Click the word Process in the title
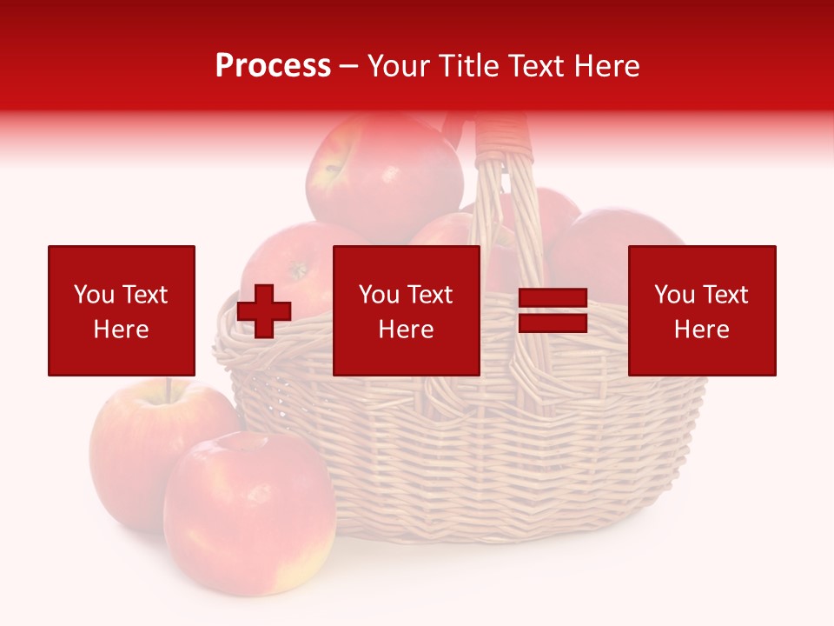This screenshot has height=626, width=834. click(273, 66)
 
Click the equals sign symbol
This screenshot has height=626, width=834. click(553, 311)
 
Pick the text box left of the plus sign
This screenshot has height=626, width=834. click(121, 310)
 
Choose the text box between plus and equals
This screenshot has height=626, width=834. click(406, 310)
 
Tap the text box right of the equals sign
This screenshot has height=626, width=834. click(701, 310)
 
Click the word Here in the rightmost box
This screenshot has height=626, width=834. click(701, 329)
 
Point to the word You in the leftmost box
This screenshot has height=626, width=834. click(94, 295)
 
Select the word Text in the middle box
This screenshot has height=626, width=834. click(429, 295)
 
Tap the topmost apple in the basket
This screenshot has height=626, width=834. click(382, 174)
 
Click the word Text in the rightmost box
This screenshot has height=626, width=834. click(725, 295)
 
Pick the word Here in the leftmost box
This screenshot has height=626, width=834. click(121, 329)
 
